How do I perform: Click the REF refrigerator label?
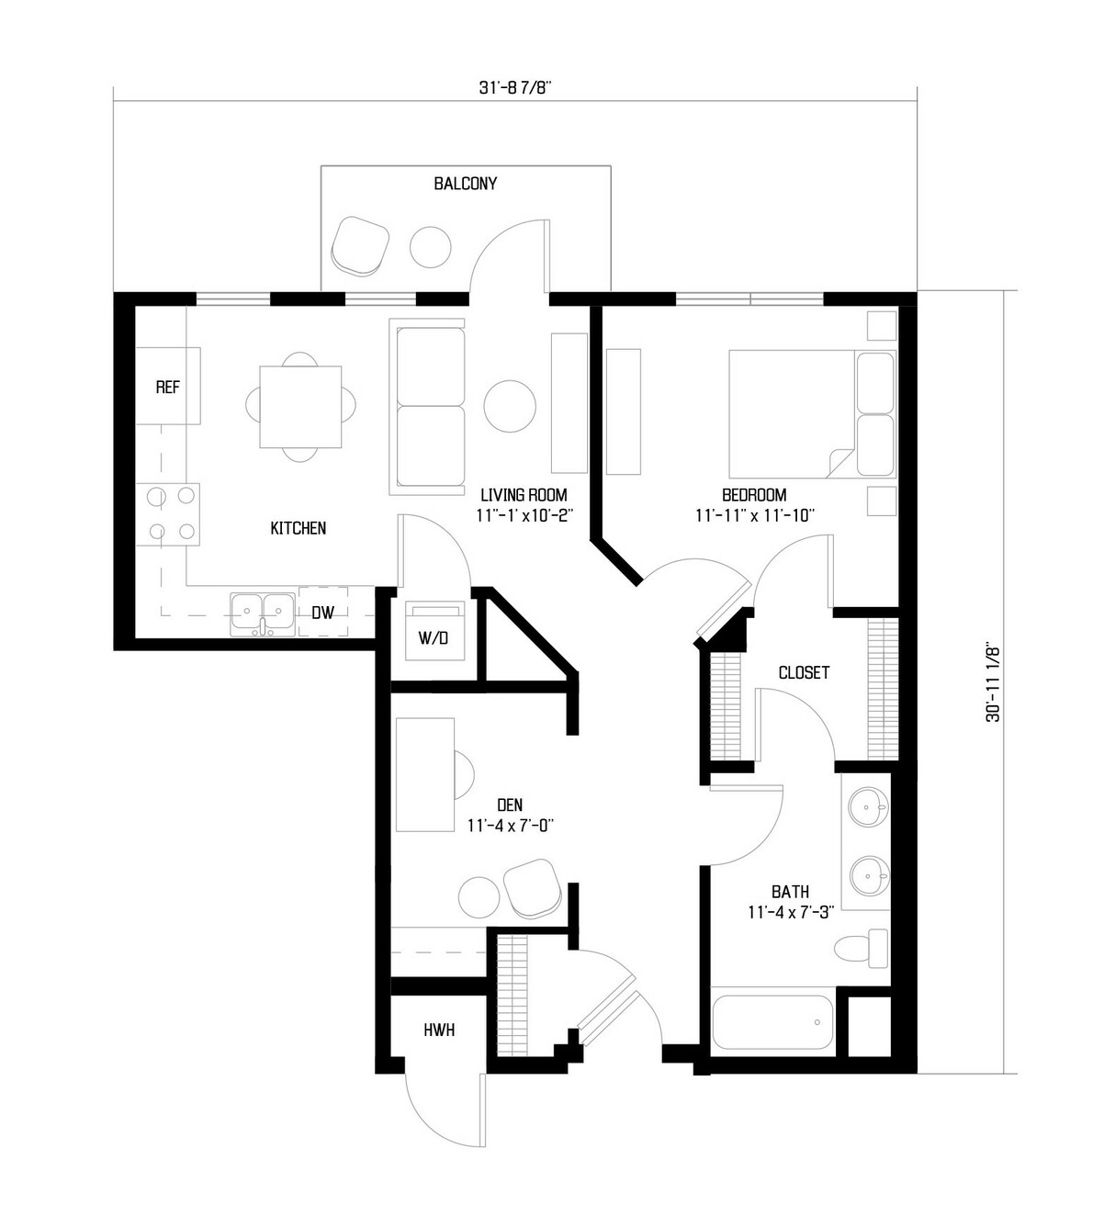[168, 388]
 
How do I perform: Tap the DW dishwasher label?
[322, 613]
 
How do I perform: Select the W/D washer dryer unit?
[434, 631]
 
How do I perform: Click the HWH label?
[439, 1030]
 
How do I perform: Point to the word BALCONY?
[465, 184]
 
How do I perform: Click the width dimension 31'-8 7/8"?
[515, 88]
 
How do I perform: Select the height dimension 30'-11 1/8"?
[993, 681]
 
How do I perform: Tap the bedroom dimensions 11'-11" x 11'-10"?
[755, 515]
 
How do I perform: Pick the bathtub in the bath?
[772, 1021]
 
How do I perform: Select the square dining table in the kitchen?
[300, 407]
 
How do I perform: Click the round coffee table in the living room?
[510, 406]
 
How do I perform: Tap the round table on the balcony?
[430, 247]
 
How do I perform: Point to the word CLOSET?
[804, 673]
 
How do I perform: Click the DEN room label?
[510, 805]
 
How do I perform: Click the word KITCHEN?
[298, 528]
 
